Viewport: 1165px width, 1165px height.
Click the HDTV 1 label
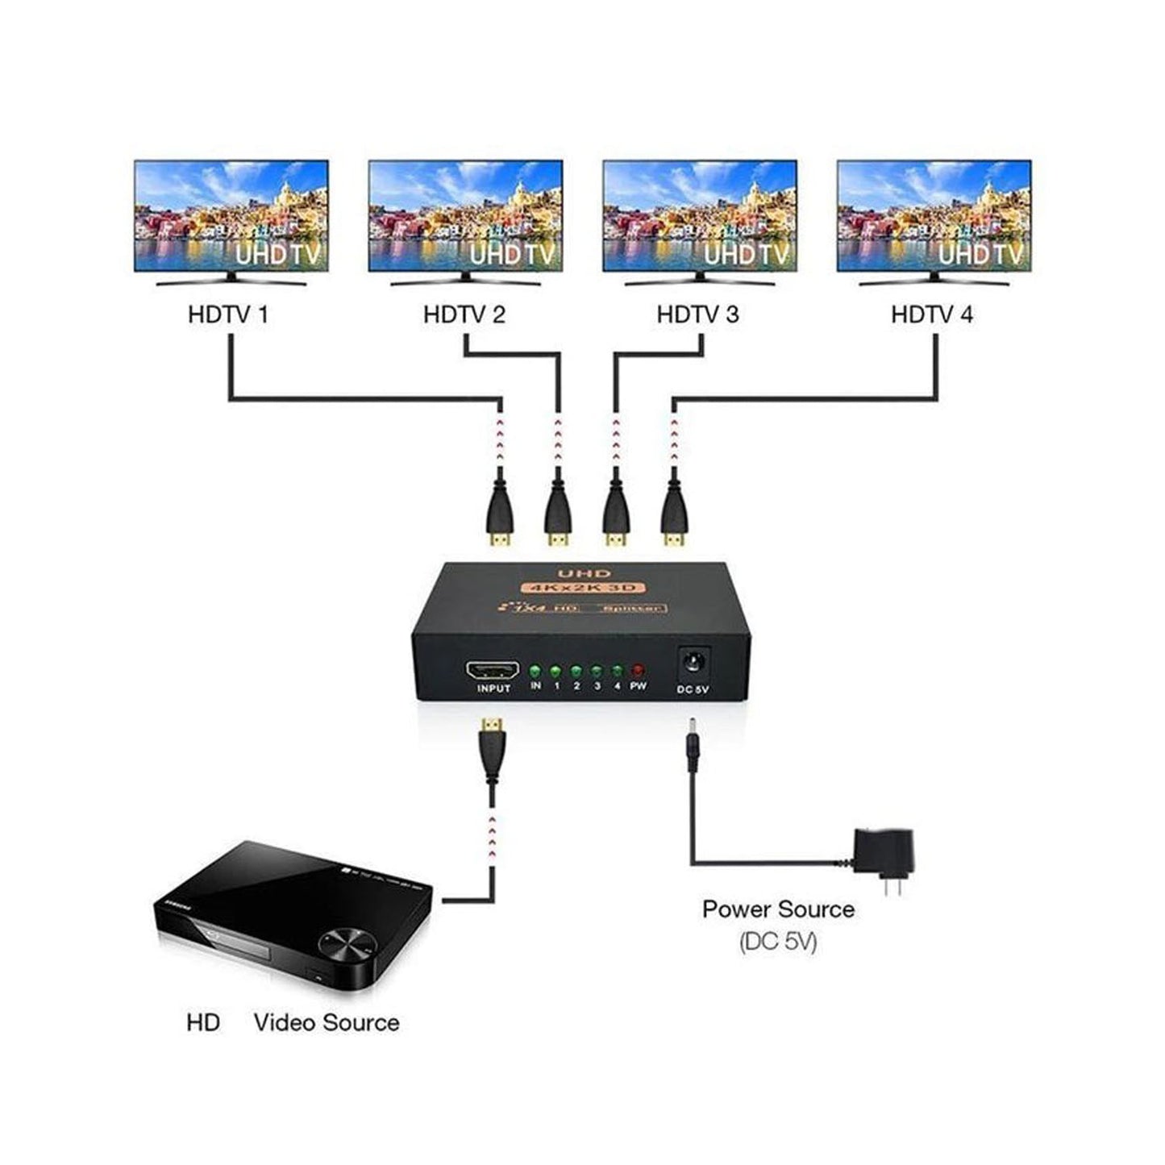227,314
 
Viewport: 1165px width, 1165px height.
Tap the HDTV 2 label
464,314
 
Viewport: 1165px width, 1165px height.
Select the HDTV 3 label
697,314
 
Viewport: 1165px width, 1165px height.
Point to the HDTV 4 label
931,314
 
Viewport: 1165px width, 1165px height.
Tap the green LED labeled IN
535,670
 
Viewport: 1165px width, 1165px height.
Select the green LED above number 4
617,670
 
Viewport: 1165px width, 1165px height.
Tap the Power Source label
778,909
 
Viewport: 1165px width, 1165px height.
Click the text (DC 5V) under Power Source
778,942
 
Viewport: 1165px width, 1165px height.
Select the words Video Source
327,1022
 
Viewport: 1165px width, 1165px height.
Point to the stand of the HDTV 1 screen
231,280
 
